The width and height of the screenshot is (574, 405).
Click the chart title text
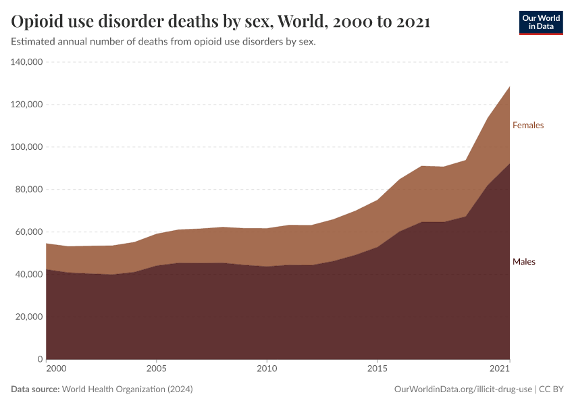(x=221, y=22)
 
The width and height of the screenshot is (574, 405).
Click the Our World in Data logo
(x=540, y=22)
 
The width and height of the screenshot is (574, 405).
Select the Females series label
(x=528, y=125)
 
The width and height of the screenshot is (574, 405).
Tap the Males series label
(x=524, y=261)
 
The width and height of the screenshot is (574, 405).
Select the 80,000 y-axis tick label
(x=29, y=190)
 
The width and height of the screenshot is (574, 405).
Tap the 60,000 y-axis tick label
(x=29, y=232)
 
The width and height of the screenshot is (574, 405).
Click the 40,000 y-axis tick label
(x=29, y=275)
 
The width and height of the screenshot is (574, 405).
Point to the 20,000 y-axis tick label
(x=29, y=317)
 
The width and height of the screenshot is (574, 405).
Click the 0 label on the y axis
(x=41, y=359)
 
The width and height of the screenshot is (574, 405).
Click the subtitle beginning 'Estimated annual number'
(x=163, y=42)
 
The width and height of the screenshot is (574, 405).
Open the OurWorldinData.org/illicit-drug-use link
(x=463, y=389)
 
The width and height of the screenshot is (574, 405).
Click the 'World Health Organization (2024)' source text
(x=127, y=389)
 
